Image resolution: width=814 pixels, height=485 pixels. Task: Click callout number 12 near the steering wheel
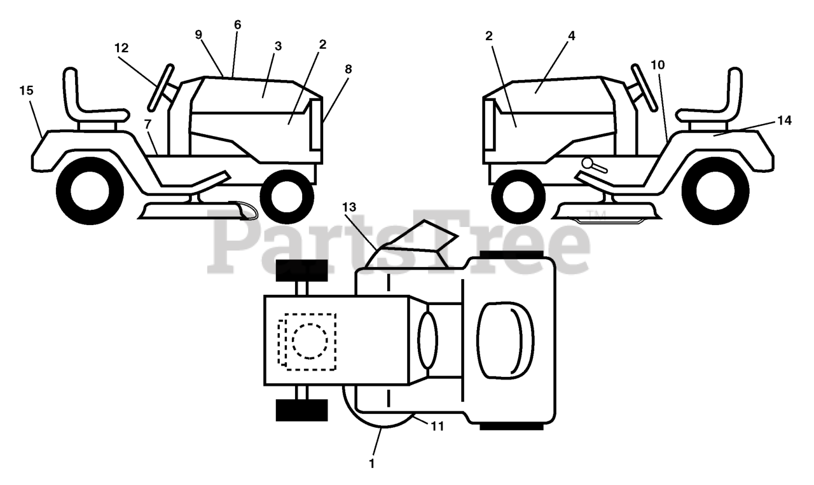121,48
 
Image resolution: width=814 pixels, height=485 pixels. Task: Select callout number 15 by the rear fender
26,91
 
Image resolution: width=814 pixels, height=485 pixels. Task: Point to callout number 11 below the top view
436,426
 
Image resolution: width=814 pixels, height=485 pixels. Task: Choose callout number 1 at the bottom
372,464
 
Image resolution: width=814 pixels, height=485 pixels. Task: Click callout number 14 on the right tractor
784,120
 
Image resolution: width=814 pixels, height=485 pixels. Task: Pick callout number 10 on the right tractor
658,64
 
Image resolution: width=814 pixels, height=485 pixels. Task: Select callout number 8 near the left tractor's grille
348,69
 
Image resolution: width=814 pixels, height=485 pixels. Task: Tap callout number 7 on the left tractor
148,121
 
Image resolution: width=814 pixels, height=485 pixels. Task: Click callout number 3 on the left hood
278,46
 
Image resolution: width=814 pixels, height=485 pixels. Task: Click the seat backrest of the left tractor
71,92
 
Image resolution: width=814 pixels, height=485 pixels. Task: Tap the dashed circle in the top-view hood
310,341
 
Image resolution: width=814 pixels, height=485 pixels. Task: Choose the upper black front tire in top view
301,270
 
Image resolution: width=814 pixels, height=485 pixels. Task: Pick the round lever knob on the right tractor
587,163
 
